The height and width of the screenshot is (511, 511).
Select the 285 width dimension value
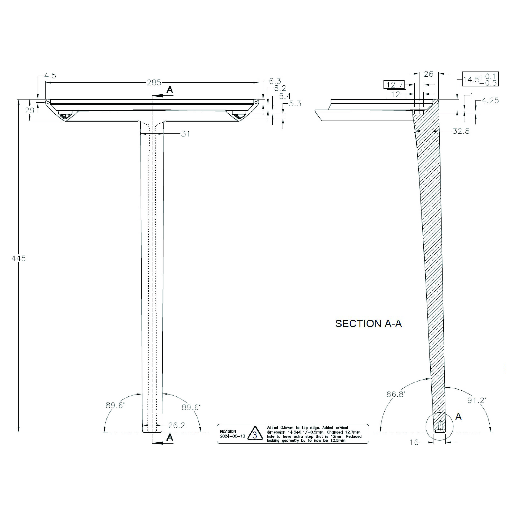click(x=154, y=83)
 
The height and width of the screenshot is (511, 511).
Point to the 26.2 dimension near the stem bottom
click(x=176, y=425)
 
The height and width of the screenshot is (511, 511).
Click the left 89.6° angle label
click(x=115, y=405)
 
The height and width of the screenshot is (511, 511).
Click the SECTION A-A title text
click(x=368, y=324)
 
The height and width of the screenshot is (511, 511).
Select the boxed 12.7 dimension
click(x=394, y=85)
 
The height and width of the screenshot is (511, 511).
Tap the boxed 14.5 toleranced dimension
click(x=480, y=79)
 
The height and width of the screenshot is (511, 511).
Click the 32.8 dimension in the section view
click(x=461, y=131)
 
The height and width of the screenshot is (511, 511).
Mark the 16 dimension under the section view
click(x=414, y=442)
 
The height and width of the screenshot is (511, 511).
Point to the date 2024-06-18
click(x=233, y=436)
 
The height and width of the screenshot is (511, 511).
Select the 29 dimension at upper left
click(x=30, y=110)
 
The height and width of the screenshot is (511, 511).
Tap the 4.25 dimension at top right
click(x=490, y=101)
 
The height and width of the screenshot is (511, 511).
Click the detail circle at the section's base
click(x=439, y=426)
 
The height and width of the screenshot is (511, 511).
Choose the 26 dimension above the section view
click(x=428, y=74)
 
